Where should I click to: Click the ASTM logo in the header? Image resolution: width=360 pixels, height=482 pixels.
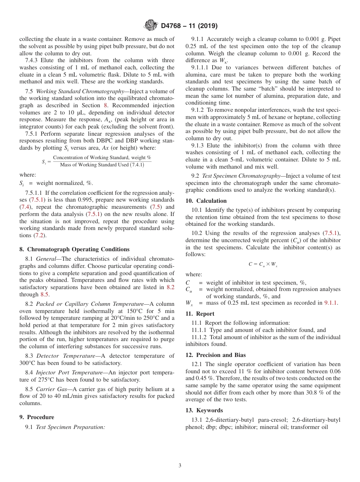tap(150, 26)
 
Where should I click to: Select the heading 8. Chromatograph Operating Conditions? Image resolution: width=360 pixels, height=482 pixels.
tap(74, 249)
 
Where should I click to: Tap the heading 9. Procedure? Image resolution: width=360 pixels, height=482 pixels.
tap(37, 417)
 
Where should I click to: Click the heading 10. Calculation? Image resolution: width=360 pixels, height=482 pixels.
tap(206, 201)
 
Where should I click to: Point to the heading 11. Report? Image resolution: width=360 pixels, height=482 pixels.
tap(200, 314)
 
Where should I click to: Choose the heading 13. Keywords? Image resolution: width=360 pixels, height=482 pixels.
tap(204, 410)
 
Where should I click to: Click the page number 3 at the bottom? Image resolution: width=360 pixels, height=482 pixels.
tap(180, 465)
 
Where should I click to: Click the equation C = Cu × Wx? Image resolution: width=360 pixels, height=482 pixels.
tap(263, 264)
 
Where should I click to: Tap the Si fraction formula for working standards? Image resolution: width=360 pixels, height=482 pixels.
tap(97, 161)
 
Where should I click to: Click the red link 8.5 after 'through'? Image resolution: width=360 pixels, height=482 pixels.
tap(45, 294)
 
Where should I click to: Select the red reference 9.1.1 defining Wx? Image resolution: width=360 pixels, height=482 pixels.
tap(331, 303)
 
